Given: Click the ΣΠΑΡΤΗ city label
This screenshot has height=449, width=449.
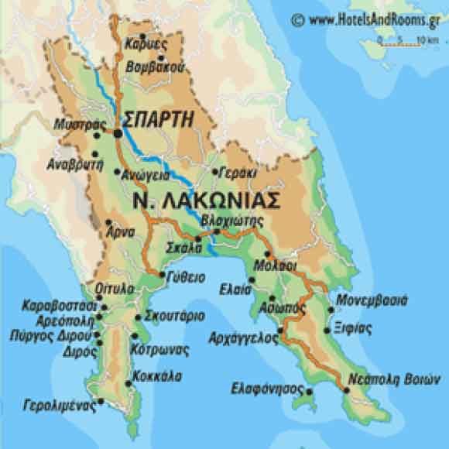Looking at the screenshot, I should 158,119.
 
